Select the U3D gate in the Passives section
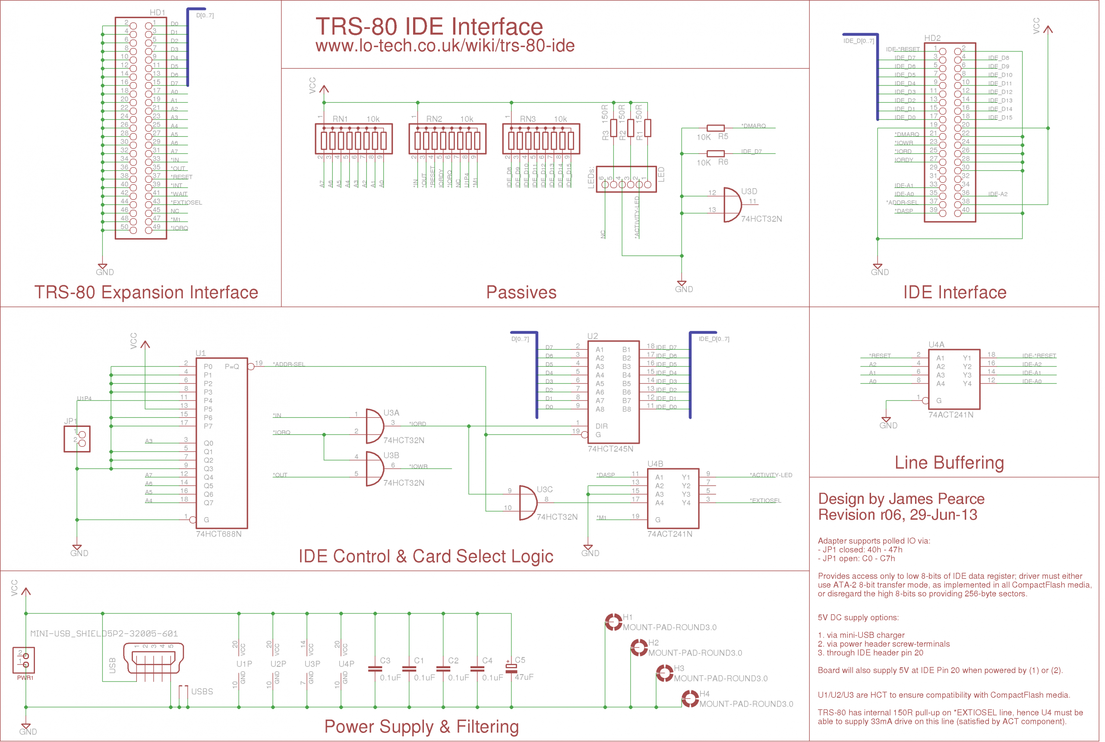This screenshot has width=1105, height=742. (732, 205)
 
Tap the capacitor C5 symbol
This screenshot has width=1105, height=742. (511, 668)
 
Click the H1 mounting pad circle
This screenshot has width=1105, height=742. (614, 622)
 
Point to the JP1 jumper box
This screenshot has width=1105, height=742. (77, 439)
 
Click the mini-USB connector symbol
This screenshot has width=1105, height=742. (153, 658)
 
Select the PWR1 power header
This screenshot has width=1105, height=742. (24, 660)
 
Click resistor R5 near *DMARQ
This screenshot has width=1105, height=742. (715, 128)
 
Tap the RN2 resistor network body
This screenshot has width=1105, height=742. (447, 139)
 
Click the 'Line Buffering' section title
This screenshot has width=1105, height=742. (949, 462)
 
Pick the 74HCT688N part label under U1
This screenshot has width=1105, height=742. (219, 534)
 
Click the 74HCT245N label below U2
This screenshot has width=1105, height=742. (610, 448)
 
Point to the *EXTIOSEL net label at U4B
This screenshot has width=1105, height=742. (765, 500)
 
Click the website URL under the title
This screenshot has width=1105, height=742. (445, 46)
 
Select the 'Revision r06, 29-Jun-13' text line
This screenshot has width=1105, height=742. (897, 515)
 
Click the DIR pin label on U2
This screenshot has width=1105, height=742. (601, 426)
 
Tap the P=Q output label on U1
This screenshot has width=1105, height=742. (231, 366)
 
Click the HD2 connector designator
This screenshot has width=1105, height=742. (932, 38)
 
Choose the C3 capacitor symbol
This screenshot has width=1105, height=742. (375, 669)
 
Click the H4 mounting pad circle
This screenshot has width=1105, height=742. (691, 698)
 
